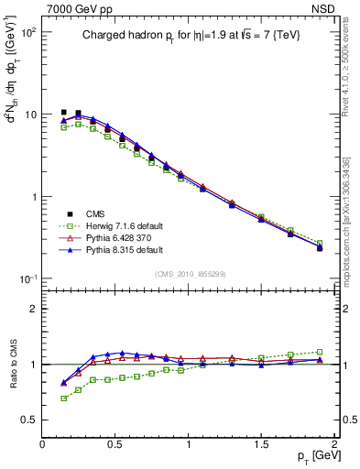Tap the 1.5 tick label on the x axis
click(261, 444)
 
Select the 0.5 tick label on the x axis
click(115, 444)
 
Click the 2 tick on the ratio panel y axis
click(33, 309)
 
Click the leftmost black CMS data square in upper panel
click(63, 112)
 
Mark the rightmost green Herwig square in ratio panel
click(320, 352)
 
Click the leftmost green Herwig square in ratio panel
click(63, 398)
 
